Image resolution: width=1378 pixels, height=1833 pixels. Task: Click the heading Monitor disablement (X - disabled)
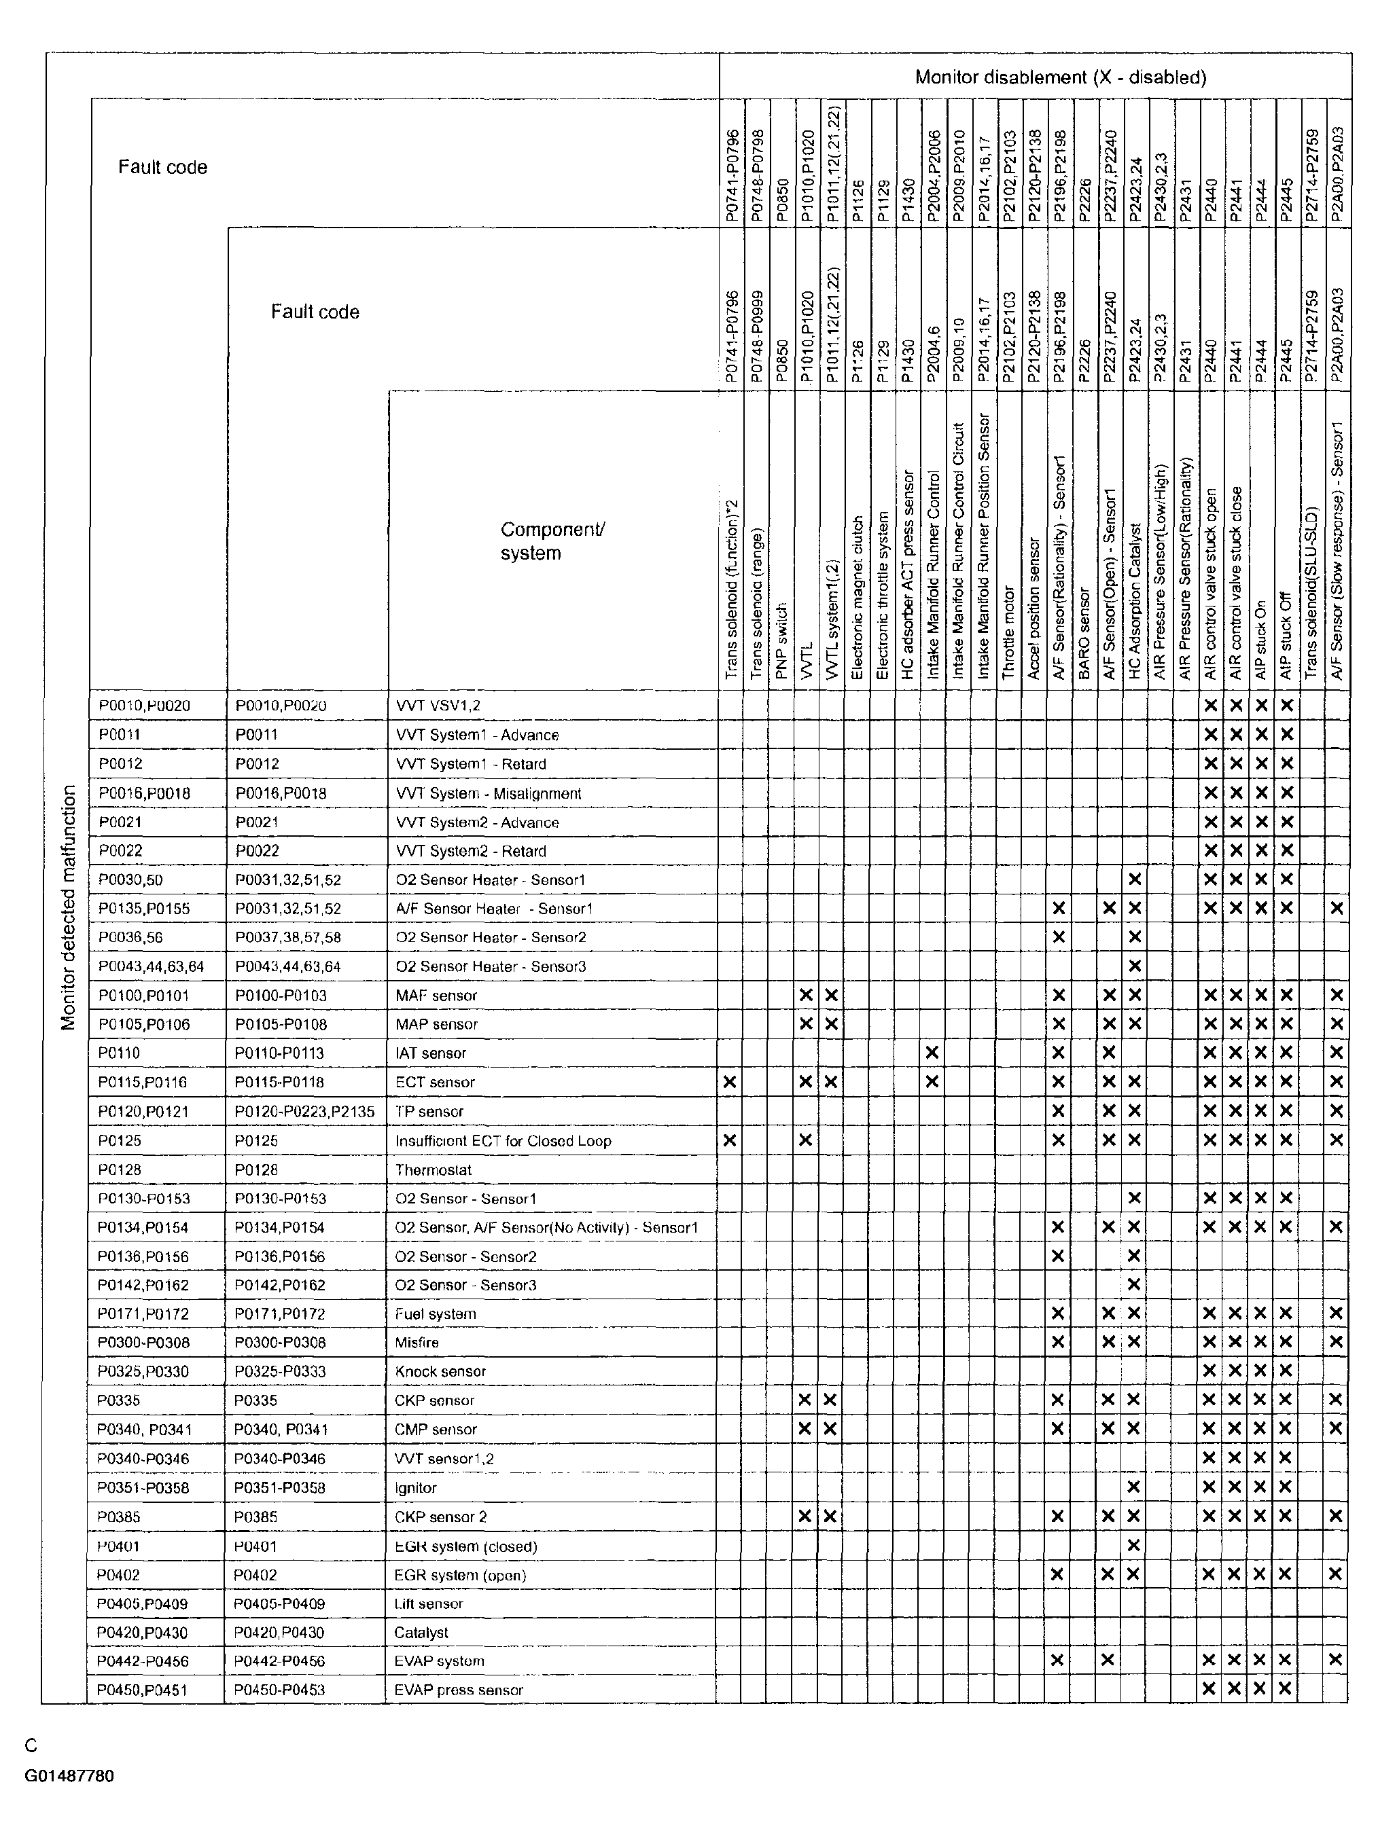pos(1059,77)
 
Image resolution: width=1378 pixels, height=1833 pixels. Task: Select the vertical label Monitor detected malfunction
pos(69,907)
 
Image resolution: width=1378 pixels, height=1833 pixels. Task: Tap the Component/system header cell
pos(552,541)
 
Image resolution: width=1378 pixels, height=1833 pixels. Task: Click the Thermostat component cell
pos(434,1169)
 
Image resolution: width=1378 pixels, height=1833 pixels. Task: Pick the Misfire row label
pos(417,1343)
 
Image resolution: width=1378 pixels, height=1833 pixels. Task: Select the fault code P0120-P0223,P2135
pos(304,1111)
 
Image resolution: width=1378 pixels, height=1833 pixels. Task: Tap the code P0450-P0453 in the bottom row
pos(279,1690)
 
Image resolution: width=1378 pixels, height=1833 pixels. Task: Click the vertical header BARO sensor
pos(1084,634)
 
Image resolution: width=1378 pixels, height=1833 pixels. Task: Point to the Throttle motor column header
pos(1008,633)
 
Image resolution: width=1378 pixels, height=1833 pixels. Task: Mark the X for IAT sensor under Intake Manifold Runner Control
pos(932,1053)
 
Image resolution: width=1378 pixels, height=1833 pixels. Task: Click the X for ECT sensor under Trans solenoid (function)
pos(730,1081)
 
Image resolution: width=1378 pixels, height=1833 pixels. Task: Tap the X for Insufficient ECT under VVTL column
pos(805,1140)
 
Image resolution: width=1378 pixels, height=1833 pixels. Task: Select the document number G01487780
pos(69,1776)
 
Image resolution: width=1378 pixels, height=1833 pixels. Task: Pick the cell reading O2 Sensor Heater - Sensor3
pos(491,966)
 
